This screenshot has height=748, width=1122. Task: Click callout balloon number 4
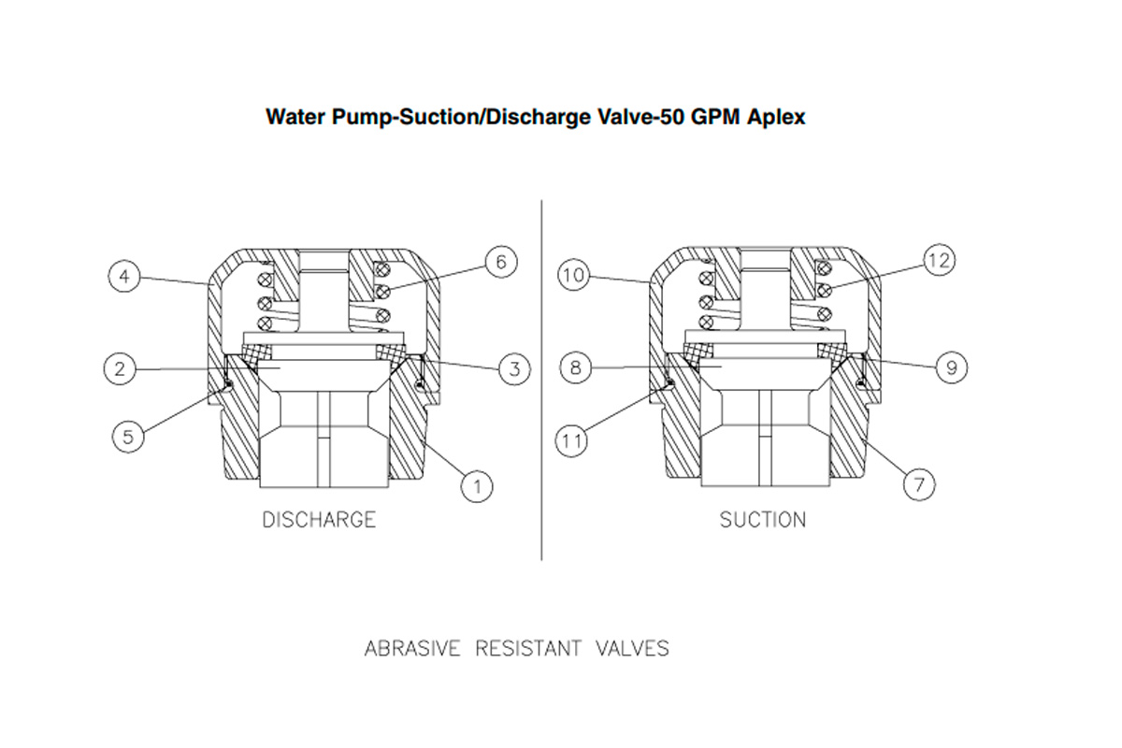tap(123, 277)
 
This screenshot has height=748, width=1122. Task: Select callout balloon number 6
tap(500, 263)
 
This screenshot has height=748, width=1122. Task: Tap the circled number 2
tap(120, 368)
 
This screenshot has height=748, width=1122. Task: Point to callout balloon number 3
tap(513, 368)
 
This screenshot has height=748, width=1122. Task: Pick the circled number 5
tap(129, 435)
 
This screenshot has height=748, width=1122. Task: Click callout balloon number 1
tap(477, 484)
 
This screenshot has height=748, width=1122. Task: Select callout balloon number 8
tap(576, 367)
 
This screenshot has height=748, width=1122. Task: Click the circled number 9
tap(951, 367)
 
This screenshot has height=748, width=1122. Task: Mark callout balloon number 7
tap(919, 483)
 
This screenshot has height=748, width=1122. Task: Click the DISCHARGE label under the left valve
tap(319, 520)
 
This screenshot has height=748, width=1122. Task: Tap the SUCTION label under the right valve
tap(763, 520)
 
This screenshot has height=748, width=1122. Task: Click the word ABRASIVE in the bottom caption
tap(412, 648)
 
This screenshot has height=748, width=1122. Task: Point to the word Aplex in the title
tap(775, 118)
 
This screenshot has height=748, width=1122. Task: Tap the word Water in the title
tap(292, 118)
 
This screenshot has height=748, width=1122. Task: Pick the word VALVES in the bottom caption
tap(632, 648)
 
